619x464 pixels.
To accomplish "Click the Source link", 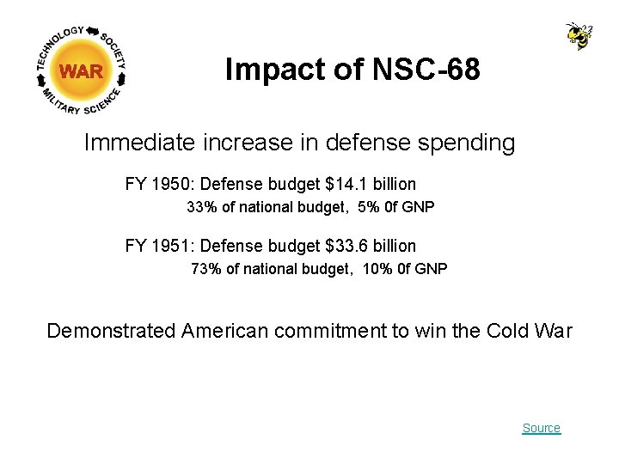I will point(541,428).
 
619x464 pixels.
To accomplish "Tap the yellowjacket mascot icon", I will point(579,36).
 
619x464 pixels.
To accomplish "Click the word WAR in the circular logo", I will point(82,72).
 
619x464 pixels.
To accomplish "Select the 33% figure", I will point(201,207).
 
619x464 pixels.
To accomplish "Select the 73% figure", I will point(205,269).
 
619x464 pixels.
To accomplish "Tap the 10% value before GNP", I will point(375,269).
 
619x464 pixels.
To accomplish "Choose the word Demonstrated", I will point(111,331).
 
